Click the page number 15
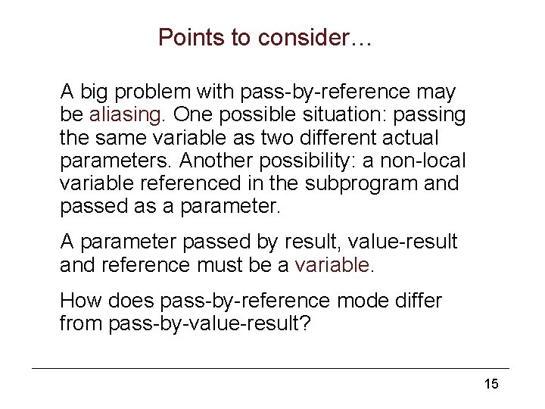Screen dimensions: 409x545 tap(491, 384)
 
